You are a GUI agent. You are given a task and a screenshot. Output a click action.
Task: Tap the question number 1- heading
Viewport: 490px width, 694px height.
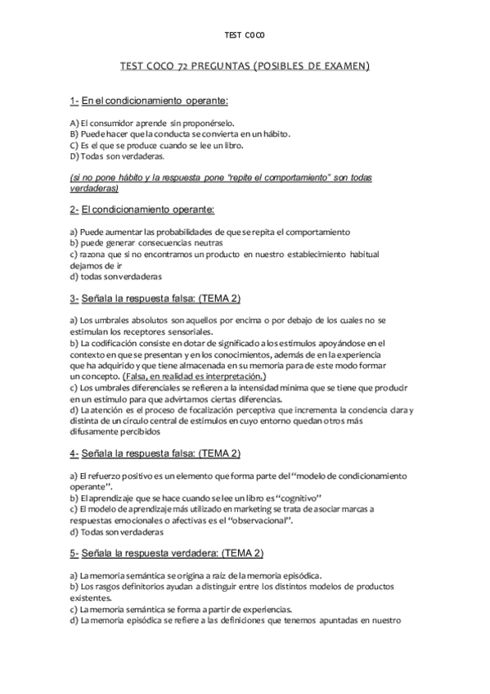[x=74, y=100]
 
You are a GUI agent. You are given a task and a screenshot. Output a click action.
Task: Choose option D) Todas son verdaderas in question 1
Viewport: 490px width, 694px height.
[x=117, y=155]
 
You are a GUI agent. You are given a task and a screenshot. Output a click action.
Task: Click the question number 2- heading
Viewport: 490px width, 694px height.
[x=74, y=210]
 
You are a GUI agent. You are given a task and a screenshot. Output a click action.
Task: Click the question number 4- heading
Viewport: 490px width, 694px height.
[x=74, y=453]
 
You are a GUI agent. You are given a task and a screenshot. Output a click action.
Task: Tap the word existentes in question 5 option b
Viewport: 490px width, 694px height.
[x=92, y=597]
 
